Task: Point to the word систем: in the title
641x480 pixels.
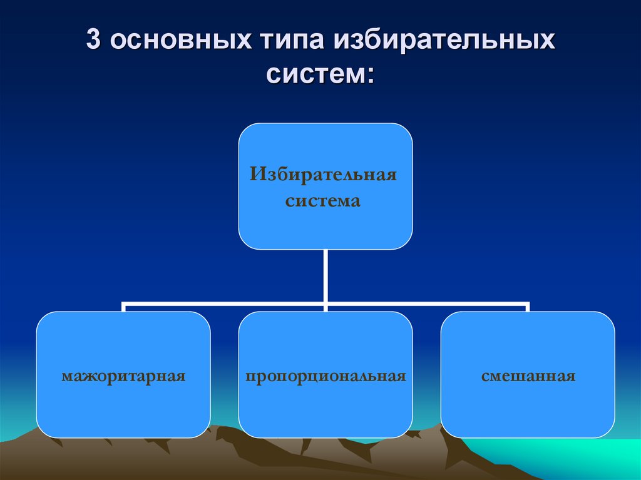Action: [320, 76]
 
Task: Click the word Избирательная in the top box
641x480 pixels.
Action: [324, 173]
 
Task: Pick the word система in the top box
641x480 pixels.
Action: [323, 202]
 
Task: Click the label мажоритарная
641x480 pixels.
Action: [123, 377]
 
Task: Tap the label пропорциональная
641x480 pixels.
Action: [326, 377]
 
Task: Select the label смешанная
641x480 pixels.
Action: [528, 377]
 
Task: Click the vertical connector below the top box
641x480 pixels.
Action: [326, 275]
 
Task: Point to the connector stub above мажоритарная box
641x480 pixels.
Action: [123, 307]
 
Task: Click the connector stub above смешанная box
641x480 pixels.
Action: [527, 307]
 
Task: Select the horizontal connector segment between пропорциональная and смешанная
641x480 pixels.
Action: [426, 304]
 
